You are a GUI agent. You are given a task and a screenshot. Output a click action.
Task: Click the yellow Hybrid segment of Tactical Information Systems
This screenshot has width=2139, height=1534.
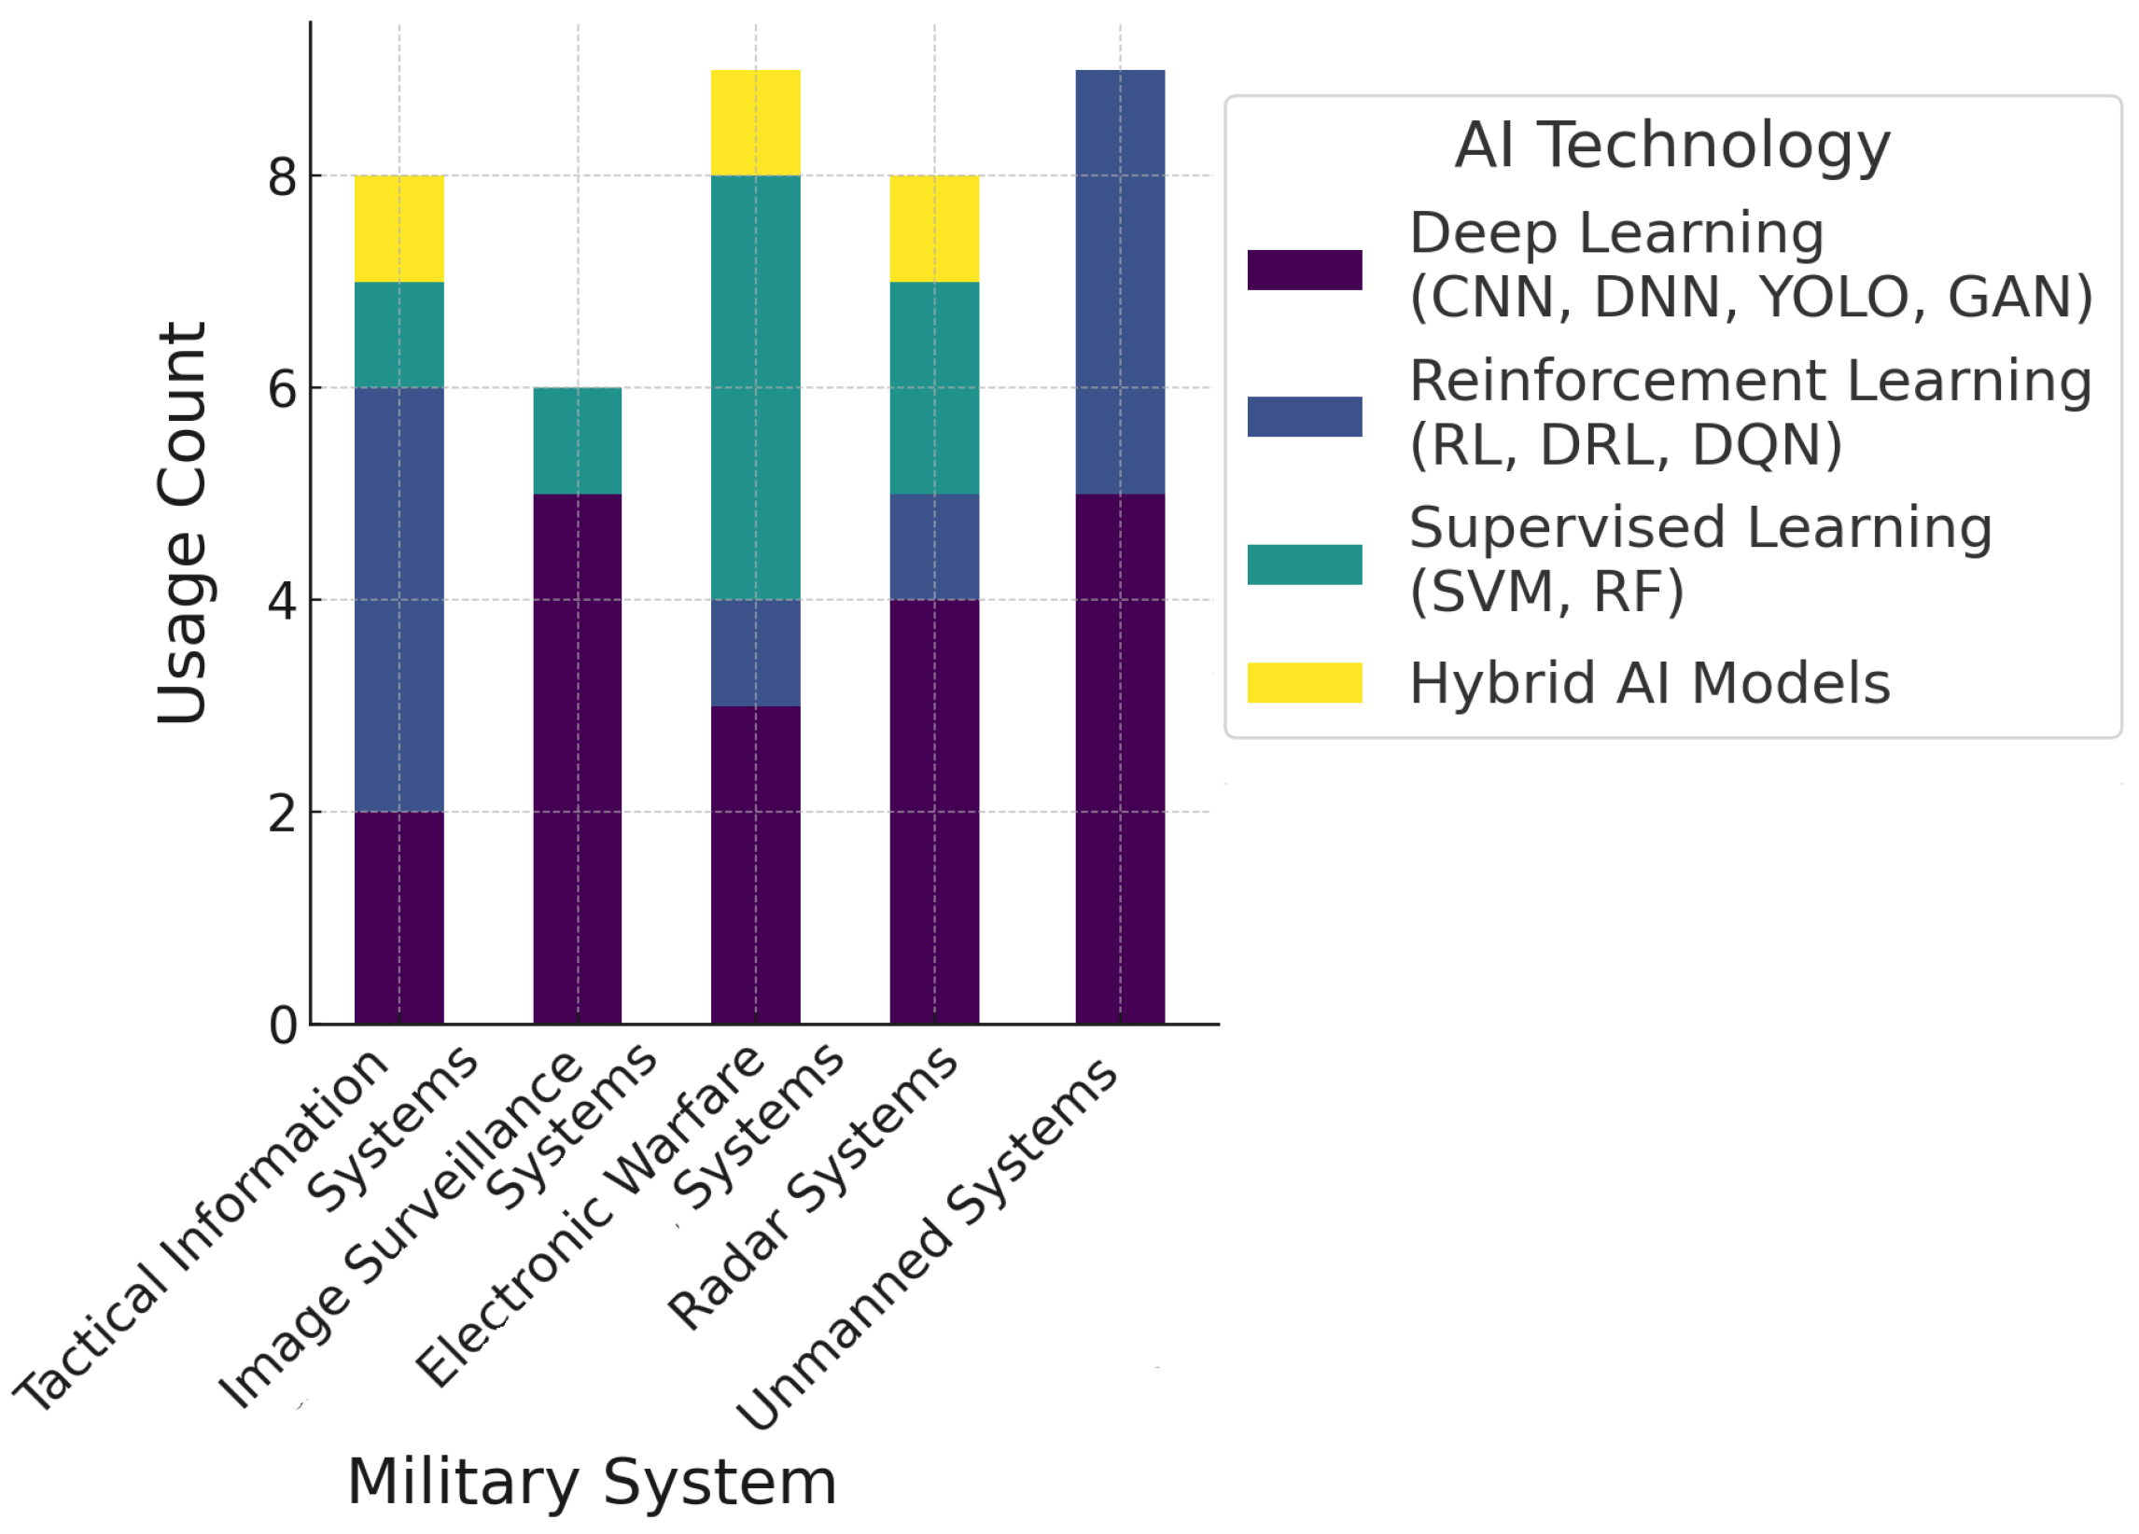[x=398, y=229]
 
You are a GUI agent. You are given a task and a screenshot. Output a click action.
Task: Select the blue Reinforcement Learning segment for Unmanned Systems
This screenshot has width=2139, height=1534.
[x=1120, y=281]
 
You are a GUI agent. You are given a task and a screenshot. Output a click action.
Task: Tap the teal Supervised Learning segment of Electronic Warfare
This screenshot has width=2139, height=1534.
[x=755, y=386]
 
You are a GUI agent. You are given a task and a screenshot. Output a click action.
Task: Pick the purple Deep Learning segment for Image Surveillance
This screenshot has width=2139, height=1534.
[x=577, y=758]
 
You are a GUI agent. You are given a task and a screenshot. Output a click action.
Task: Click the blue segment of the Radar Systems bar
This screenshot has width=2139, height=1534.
[x=933, y=546]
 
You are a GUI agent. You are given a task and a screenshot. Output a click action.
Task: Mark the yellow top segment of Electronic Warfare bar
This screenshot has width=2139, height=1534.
[x=755, y=122]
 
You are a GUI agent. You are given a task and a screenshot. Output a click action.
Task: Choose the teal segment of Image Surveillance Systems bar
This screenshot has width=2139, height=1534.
[x=577, y=440]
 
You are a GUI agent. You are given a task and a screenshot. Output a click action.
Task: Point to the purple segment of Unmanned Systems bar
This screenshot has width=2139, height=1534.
[x=1120, y=758]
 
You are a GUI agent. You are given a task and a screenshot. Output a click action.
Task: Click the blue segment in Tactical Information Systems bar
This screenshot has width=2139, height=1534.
[x=398, y=599]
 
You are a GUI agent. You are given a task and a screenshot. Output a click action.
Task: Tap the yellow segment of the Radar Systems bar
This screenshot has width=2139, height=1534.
[x=933, y=229]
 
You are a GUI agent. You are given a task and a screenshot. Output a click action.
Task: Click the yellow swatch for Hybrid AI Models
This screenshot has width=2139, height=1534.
[x=1305, y=683]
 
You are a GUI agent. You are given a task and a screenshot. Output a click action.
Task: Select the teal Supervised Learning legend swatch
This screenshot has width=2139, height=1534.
[x=1305, y=564]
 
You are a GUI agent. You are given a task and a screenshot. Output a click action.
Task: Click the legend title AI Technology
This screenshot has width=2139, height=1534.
[x=1672, y=146]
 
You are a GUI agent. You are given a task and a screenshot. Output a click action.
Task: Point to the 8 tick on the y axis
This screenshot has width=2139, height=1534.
[x=282, y=176]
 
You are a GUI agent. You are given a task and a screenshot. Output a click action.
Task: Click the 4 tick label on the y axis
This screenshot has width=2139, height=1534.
[x=282, y=600]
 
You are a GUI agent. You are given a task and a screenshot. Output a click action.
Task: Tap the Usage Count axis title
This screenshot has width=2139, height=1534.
[x=181, y=523]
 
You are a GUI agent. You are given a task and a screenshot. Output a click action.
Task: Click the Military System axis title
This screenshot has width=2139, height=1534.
[x=593, y=1482]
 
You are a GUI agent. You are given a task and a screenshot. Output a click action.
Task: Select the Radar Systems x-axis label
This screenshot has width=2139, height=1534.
[x=813, y=1188]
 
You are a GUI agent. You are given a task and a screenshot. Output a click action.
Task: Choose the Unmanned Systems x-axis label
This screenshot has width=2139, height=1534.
[x=927, y=1245]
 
